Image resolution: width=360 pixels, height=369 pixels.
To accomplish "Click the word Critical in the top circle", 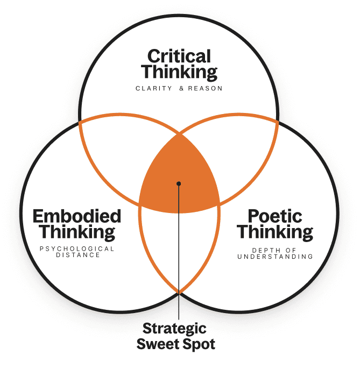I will [x=179, y=56].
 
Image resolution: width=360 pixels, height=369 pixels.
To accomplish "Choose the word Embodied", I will [x=77, y=216].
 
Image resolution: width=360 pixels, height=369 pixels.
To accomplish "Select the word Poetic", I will [x=275, y=216].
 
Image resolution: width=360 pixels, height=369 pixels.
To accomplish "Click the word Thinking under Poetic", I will [x=275, y=232].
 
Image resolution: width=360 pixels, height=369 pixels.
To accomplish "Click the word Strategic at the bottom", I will [x=179, y=328].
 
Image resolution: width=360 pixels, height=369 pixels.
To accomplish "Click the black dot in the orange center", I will [x=179, y=183].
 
